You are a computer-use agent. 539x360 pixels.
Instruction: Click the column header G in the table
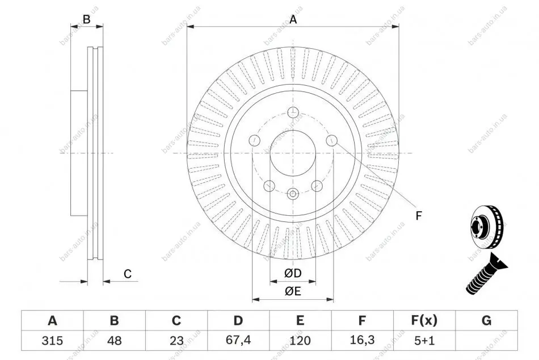pyautogui.click(x=486, y=321)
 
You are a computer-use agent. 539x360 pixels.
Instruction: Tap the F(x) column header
pyautogui.click(x=424, y=321)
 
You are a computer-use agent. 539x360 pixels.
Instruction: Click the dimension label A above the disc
pyautogui.click(x=293, y=19)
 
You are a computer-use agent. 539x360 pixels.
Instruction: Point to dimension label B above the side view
pyautogui.click(x=86, y=19)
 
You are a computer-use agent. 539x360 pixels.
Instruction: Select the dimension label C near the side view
pyautogui.click(x=128, y=274)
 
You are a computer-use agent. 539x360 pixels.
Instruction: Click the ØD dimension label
pyautogui.click(x=293, y=274)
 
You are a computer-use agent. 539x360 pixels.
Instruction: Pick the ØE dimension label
pyautogui.click(x=293, y=291)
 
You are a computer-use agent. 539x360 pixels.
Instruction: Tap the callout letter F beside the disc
pyautogui.click(x=419, y=215)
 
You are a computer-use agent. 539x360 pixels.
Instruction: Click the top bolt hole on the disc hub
pyautogui.click(x=293, y=111)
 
